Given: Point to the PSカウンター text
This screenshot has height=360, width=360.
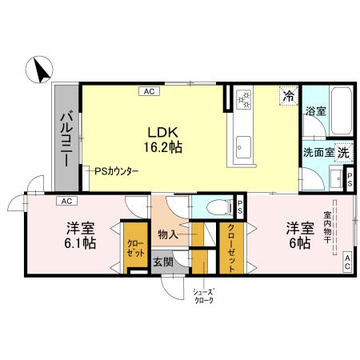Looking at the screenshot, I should point(117,171).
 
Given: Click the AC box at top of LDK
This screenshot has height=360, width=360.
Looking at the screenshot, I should point(149,91).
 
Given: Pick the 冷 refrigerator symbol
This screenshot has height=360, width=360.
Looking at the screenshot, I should point(287,95).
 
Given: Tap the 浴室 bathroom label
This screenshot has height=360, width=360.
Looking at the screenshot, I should point(314,113).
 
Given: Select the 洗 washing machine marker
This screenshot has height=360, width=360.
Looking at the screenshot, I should point(342,152).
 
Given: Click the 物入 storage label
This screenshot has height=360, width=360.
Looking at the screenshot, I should point(167,234).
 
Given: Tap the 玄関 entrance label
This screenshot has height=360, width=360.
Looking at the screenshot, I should point(162,262).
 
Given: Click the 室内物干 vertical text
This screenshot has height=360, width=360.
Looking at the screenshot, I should point(328,231).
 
